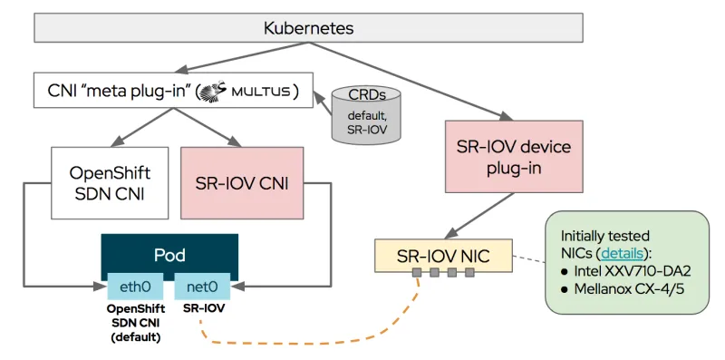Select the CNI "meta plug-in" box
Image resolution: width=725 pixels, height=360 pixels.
[x=172, y=92]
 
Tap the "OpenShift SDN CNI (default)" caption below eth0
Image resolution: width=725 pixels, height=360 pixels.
[x=134, y=323]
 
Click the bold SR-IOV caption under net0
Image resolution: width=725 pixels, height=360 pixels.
[x=202, y=308]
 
